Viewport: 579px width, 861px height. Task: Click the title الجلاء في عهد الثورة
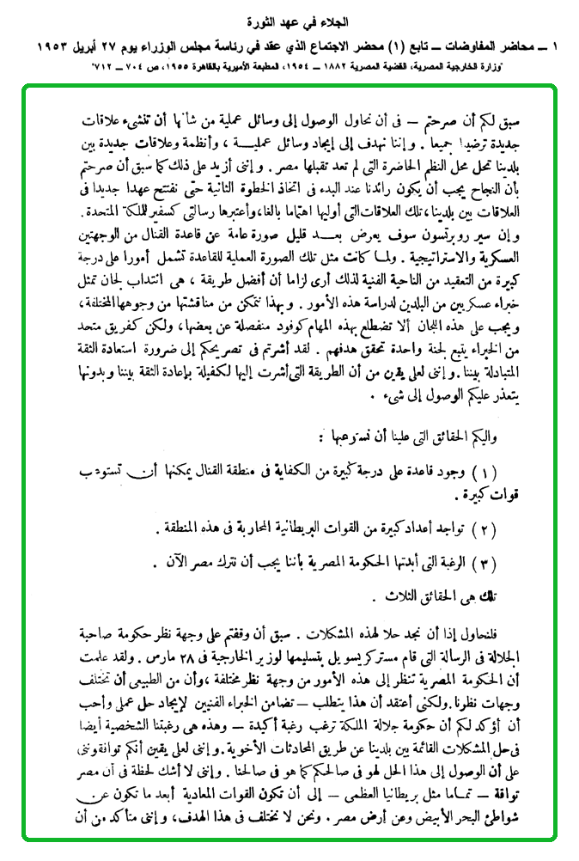pyautogui.click(x=289, y=17)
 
